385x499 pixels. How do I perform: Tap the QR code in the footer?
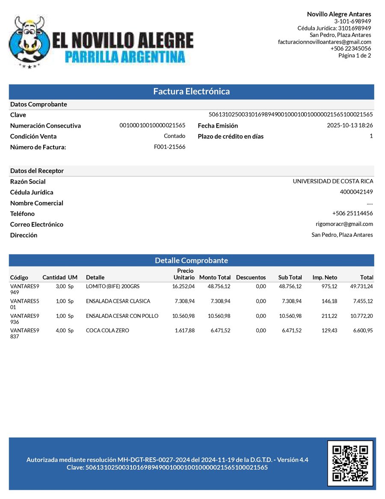350,463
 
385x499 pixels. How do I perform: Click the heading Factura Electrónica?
191,91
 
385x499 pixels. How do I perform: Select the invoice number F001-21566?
169,146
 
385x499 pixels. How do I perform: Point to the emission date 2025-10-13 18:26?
349,125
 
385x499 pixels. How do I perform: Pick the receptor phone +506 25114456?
352,213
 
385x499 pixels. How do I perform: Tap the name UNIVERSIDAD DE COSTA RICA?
332,181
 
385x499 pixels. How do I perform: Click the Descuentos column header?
251,277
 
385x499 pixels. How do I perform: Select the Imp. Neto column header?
325,277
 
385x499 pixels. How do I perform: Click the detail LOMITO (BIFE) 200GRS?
113,286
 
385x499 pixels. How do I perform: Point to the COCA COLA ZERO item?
107,330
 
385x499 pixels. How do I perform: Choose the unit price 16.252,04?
183,286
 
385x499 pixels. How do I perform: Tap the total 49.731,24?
361,286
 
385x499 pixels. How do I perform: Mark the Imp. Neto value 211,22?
329,316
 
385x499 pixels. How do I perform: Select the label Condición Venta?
33,136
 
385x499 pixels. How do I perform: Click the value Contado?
175,136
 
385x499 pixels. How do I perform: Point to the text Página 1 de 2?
355,55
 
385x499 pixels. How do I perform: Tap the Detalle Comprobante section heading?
191,260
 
